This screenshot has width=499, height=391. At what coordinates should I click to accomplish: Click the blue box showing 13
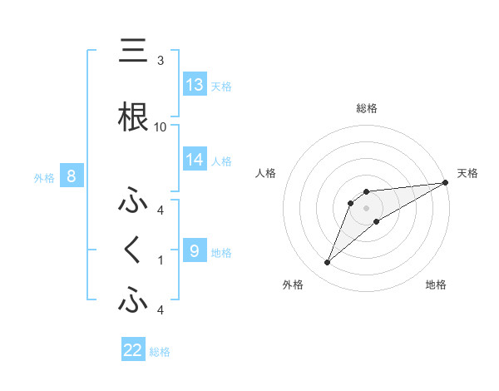(195, 85)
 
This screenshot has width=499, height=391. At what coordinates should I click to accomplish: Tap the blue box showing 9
(195, 250)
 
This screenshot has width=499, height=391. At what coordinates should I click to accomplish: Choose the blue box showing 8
(72, 176)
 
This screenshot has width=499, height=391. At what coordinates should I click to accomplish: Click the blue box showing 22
(133, 350)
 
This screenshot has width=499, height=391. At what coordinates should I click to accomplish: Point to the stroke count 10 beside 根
(160, 126)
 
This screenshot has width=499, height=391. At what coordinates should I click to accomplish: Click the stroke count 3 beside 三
(160, 61)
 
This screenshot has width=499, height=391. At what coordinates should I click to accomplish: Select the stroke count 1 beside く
(160, 260)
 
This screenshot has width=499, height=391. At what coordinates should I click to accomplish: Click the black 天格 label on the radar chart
(467, 173)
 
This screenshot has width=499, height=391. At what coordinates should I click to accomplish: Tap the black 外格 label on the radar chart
(293, 285)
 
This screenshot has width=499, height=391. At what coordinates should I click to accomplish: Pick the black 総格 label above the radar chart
(366, 108)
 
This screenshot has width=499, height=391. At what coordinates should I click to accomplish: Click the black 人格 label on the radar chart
(267, 173)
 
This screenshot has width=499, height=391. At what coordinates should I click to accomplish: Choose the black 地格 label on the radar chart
(436, 285)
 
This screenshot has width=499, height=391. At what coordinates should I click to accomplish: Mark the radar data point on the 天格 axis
(446, 182)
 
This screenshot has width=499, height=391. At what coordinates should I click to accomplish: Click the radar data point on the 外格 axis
(327, 263)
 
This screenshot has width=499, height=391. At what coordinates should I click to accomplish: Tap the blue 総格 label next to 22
(160, 352)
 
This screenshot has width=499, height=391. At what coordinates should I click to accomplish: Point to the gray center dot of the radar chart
(366, 208)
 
